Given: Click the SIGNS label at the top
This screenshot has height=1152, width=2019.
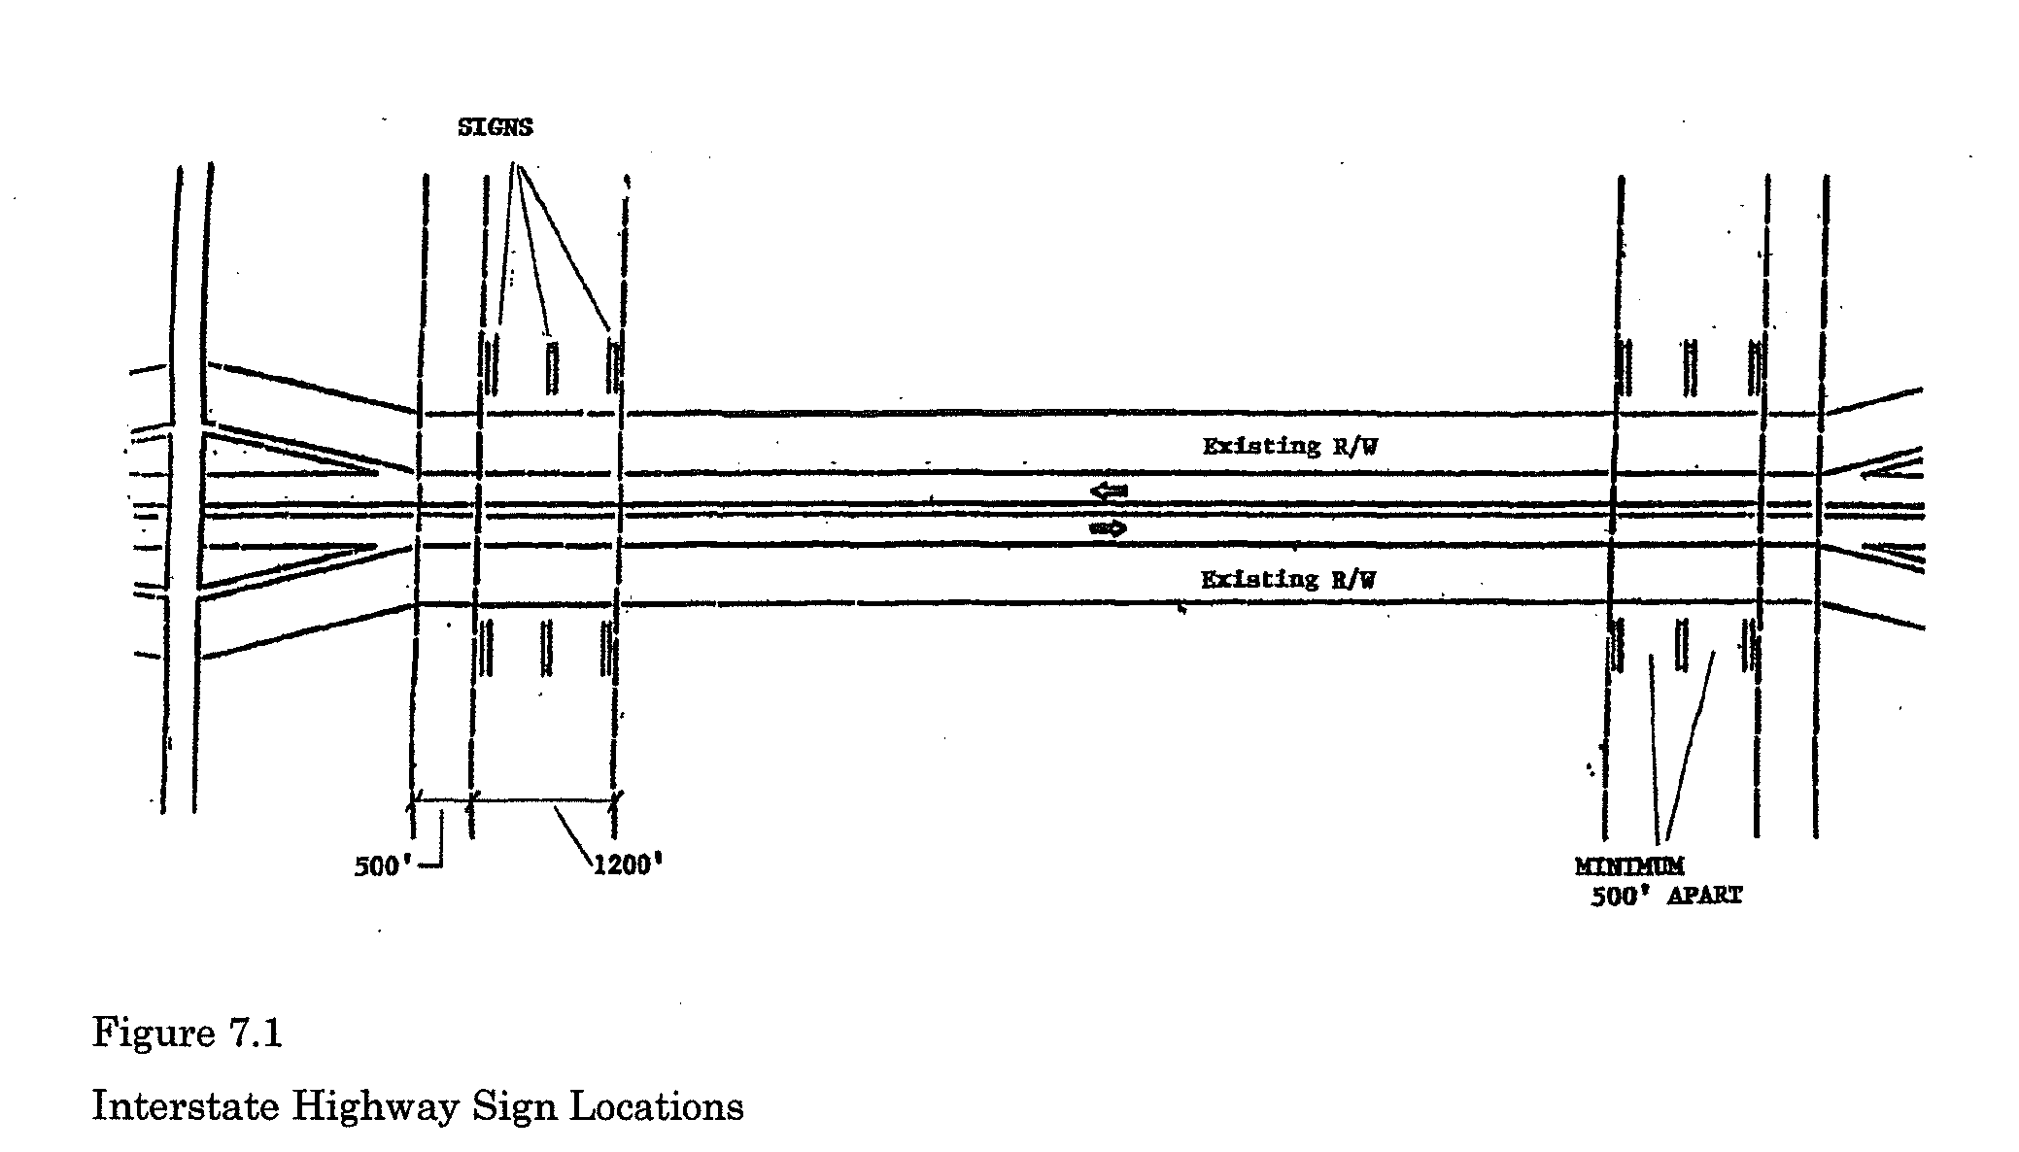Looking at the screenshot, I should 495,127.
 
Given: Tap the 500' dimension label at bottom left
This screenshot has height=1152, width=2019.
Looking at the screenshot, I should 378,866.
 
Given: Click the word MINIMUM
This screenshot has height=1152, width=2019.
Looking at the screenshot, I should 1629,865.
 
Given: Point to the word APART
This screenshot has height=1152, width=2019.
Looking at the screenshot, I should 1704,896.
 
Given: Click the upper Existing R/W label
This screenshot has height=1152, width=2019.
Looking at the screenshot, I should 1289,447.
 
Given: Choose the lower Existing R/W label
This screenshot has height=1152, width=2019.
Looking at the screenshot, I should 1288,580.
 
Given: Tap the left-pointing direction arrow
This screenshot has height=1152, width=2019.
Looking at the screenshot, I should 1108,491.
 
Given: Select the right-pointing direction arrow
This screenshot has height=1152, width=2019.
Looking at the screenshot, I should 1108,529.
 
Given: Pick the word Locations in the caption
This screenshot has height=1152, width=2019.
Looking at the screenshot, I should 656,1106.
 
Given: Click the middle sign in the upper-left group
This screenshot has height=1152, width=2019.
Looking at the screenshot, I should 552,366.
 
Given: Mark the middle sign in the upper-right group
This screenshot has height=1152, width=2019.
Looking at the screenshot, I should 1691,367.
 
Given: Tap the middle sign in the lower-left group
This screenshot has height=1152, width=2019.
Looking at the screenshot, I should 547,648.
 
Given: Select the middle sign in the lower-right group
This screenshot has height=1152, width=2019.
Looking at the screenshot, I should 1681,646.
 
